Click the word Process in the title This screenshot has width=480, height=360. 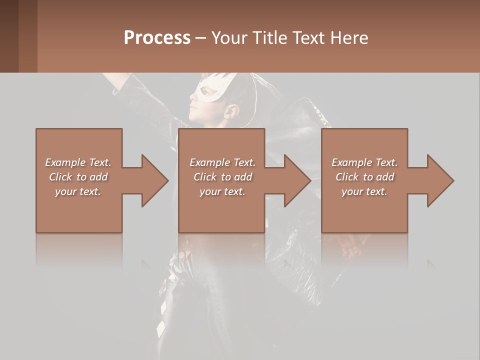(x=157, y=38)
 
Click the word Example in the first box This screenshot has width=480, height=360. (x=65, y=162)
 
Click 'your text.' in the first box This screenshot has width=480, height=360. (x=78, y=191)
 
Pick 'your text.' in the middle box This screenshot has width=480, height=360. (x=222, y=191)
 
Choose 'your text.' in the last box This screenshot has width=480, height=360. (x=364, y=191)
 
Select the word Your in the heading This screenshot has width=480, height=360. (x=229, y=38)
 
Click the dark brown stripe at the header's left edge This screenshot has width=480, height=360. (x=9, y=36)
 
